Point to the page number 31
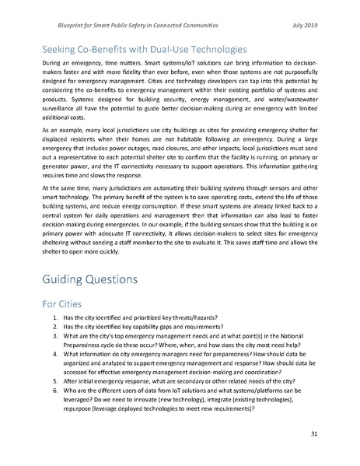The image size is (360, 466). point(313,433)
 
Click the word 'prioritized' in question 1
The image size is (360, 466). point(148,324)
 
